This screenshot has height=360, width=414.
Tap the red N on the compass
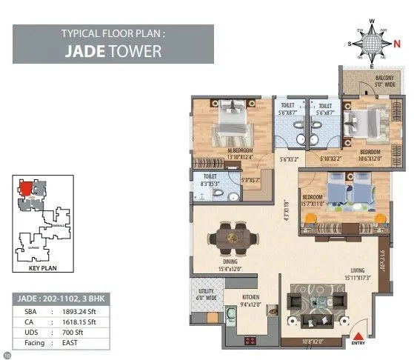397,44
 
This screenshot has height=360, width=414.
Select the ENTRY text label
358,343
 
